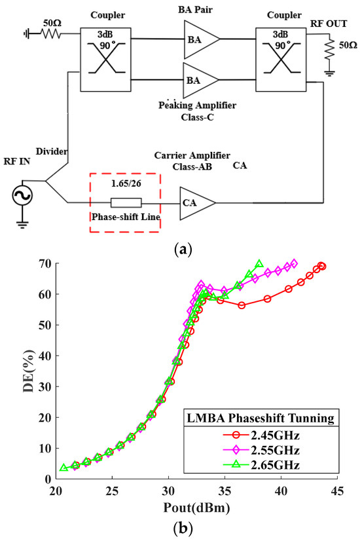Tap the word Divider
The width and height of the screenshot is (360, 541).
[52, 152]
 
